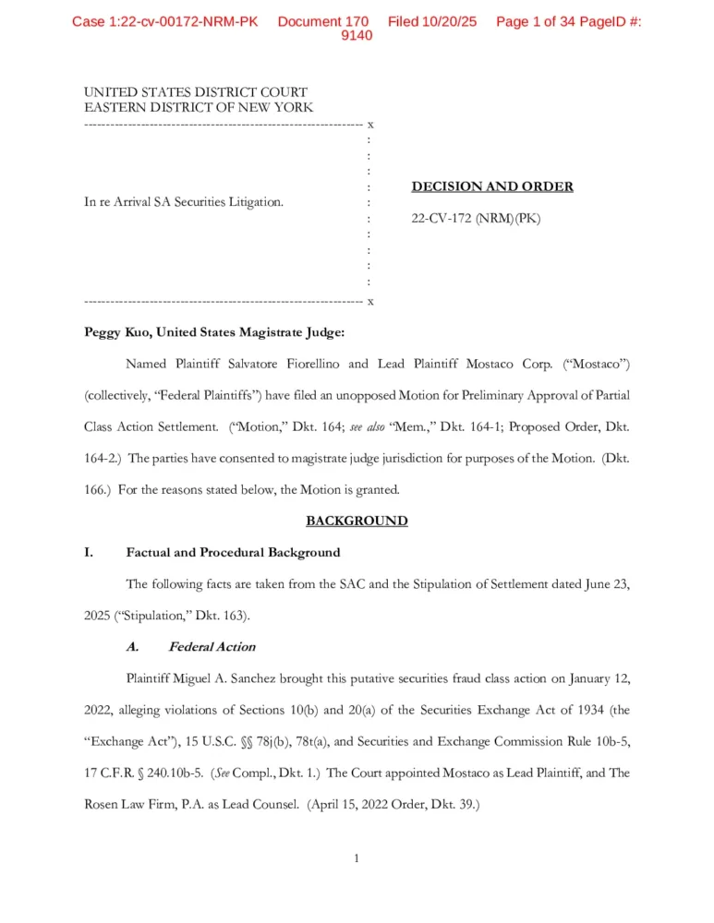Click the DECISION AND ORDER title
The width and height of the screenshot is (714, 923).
pos(491,186)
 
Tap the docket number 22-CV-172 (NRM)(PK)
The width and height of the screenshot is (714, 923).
pos(476,219)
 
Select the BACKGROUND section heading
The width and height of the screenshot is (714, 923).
pos(357,521)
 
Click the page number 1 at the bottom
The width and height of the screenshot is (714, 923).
pos(357,858)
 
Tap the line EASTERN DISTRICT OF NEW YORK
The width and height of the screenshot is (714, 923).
pos(198,108)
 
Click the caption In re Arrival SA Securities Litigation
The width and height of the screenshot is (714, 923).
pos(184,202)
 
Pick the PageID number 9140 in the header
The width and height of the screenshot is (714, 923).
pos(357,35)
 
